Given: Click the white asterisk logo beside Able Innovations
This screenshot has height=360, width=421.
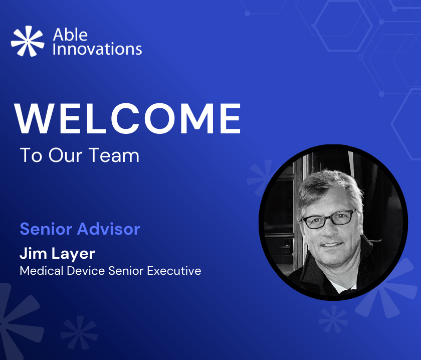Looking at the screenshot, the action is (28, 41).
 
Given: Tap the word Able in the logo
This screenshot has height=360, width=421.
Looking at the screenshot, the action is (70, 35).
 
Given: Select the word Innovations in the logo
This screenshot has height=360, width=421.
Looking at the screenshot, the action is (97, 49).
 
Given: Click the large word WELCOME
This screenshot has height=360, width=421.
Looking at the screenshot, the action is (127, 118).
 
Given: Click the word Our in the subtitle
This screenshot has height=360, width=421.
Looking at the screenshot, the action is (66, 155).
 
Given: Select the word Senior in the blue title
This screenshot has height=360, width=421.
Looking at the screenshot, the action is (46, 229).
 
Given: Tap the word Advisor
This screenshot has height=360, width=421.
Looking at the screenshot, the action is (109, 229).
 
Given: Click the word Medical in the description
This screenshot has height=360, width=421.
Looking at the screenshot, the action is (42, 271).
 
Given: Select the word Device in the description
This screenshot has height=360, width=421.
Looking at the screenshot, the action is (86, 271).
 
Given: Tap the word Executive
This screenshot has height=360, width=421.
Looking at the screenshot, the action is (174, 271).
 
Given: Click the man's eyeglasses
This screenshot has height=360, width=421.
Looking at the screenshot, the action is (329, 219).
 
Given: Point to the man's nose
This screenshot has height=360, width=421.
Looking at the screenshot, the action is (329, 231).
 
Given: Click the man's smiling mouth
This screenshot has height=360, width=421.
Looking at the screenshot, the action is (332, 245).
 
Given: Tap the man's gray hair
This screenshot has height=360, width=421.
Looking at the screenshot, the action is (329, 188).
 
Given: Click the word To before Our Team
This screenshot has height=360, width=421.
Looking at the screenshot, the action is (31, 155).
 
